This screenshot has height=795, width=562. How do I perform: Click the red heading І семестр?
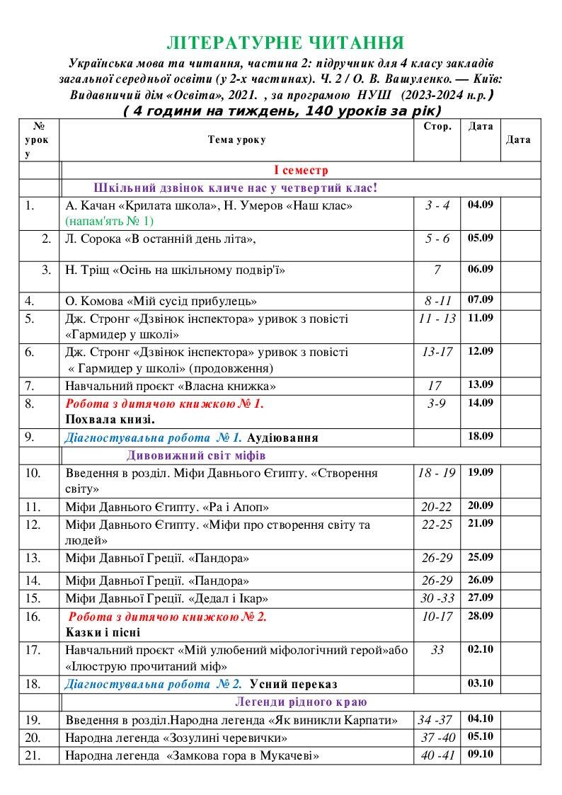(301, 171)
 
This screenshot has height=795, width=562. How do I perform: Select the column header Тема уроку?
(236, 140)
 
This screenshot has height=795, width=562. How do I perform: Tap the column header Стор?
(437, 127)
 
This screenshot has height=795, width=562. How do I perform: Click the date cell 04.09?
(481, 205)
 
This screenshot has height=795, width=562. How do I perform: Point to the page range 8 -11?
(437, 300)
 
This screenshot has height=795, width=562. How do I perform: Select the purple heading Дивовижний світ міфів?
(196, 454)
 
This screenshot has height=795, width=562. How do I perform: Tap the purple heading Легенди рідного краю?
(301, 702)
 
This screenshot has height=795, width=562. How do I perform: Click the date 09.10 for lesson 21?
(481, 755)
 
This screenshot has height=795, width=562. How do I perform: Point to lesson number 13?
(33, 558)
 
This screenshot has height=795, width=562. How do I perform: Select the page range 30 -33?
(437, 598)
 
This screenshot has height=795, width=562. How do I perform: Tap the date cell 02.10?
(481, 649)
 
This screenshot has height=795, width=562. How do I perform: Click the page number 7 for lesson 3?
(437, 270)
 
